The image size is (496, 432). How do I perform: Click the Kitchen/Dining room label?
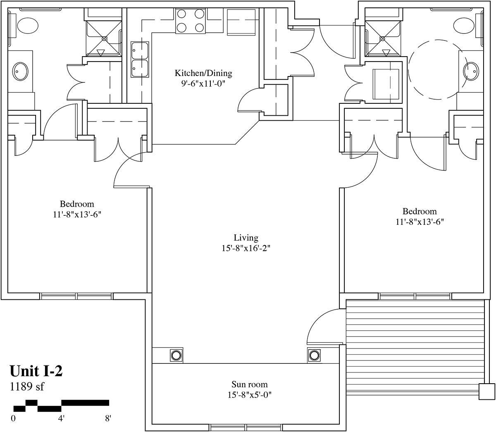(x=203, y=73)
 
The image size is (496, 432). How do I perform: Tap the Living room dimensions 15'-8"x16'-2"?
(x=246, y=248)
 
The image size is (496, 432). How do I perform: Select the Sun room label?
(x=250, y=384)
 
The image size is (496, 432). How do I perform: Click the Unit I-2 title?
(x=36, y=371)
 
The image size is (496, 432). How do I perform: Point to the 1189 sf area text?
(x=27, y=387)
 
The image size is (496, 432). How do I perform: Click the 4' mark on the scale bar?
(x=61, y=418)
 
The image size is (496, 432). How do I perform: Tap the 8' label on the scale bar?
(x=108, y=418)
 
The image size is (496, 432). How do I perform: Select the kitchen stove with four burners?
(x=190, y=21)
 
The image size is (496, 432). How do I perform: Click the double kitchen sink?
(x=140, y=60)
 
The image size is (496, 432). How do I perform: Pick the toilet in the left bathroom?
(x=28, y=26)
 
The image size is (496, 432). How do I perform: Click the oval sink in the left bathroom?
(x=20, y=72)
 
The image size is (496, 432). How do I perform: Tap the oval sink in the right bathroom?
(x=471, y=71)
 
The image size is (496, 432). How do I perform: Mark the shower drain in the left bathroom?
(x=104, y=38)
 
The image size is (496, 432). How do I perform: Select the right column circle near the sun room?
(x=314, y=356)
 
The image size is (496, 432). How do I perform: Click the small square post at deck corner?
(x=486, y=391)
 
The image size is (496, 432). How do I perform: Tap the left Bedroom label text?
(x=77, y=204)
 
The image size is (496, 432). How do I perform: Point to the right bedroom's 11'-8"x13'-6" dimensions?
(x=420, y=222)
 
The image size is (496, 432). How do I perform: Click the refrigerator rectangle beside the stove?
(x=241, y=22)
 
